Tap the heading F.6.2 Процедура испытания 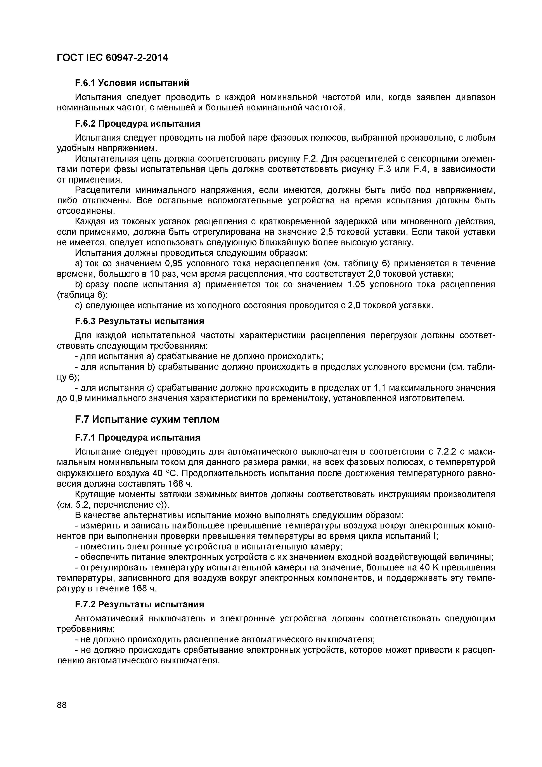click(x=137, y=124)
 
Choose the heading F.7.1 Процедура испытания click(x=137, y=438)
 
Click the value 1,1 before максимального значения click(x=379, y=388)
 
